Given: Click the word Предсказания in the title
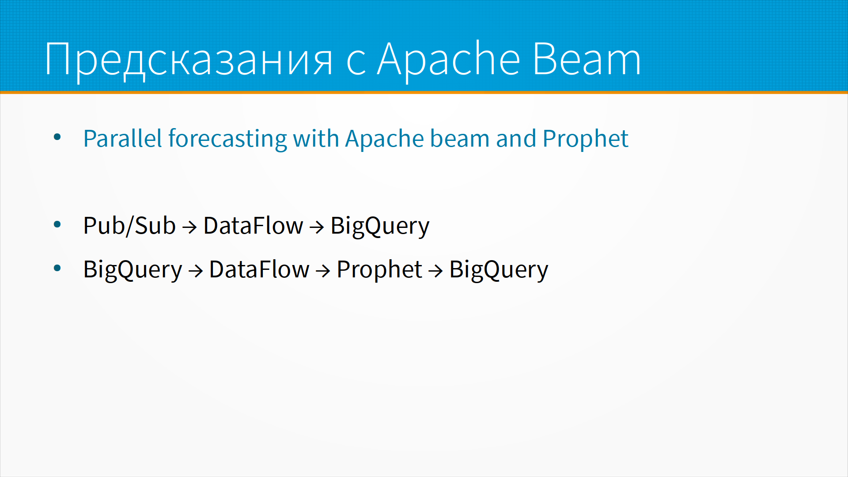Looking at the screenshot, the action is tap(189, 60).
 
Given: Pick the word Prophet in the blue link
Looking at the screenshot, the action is tap(585, 139).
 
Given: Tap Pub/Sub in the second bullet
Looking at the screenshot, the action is tap(129, 226).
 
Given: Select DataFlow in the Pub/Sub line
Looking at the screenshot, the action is tap(253, 226).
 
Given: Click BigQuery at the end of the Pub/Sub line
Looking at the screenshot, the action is tap(380, 227).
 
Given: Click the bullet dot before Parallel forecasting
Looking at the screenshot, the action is tap(57, 137).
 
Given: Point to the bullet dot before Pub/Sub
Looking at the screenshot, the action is tap(57, 225).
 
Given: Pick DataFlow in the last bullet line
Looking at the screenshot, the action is tap(259, 269).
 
